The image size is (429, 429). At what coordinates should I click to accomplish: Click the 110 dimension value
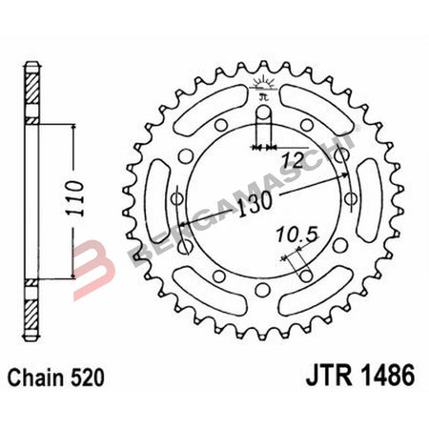coord(84,197)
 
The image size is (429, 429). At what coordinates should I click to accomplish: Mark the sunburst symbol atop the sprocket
coord(264,87)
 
